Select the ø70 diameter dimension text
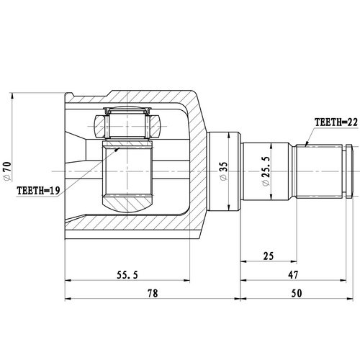pyautogui.click(x=8, y=170)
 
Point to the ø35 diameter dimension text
pyautogui.click(x=224, y=170)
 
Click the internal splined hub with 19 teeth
pyautogui.click(x=127, y=176)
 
